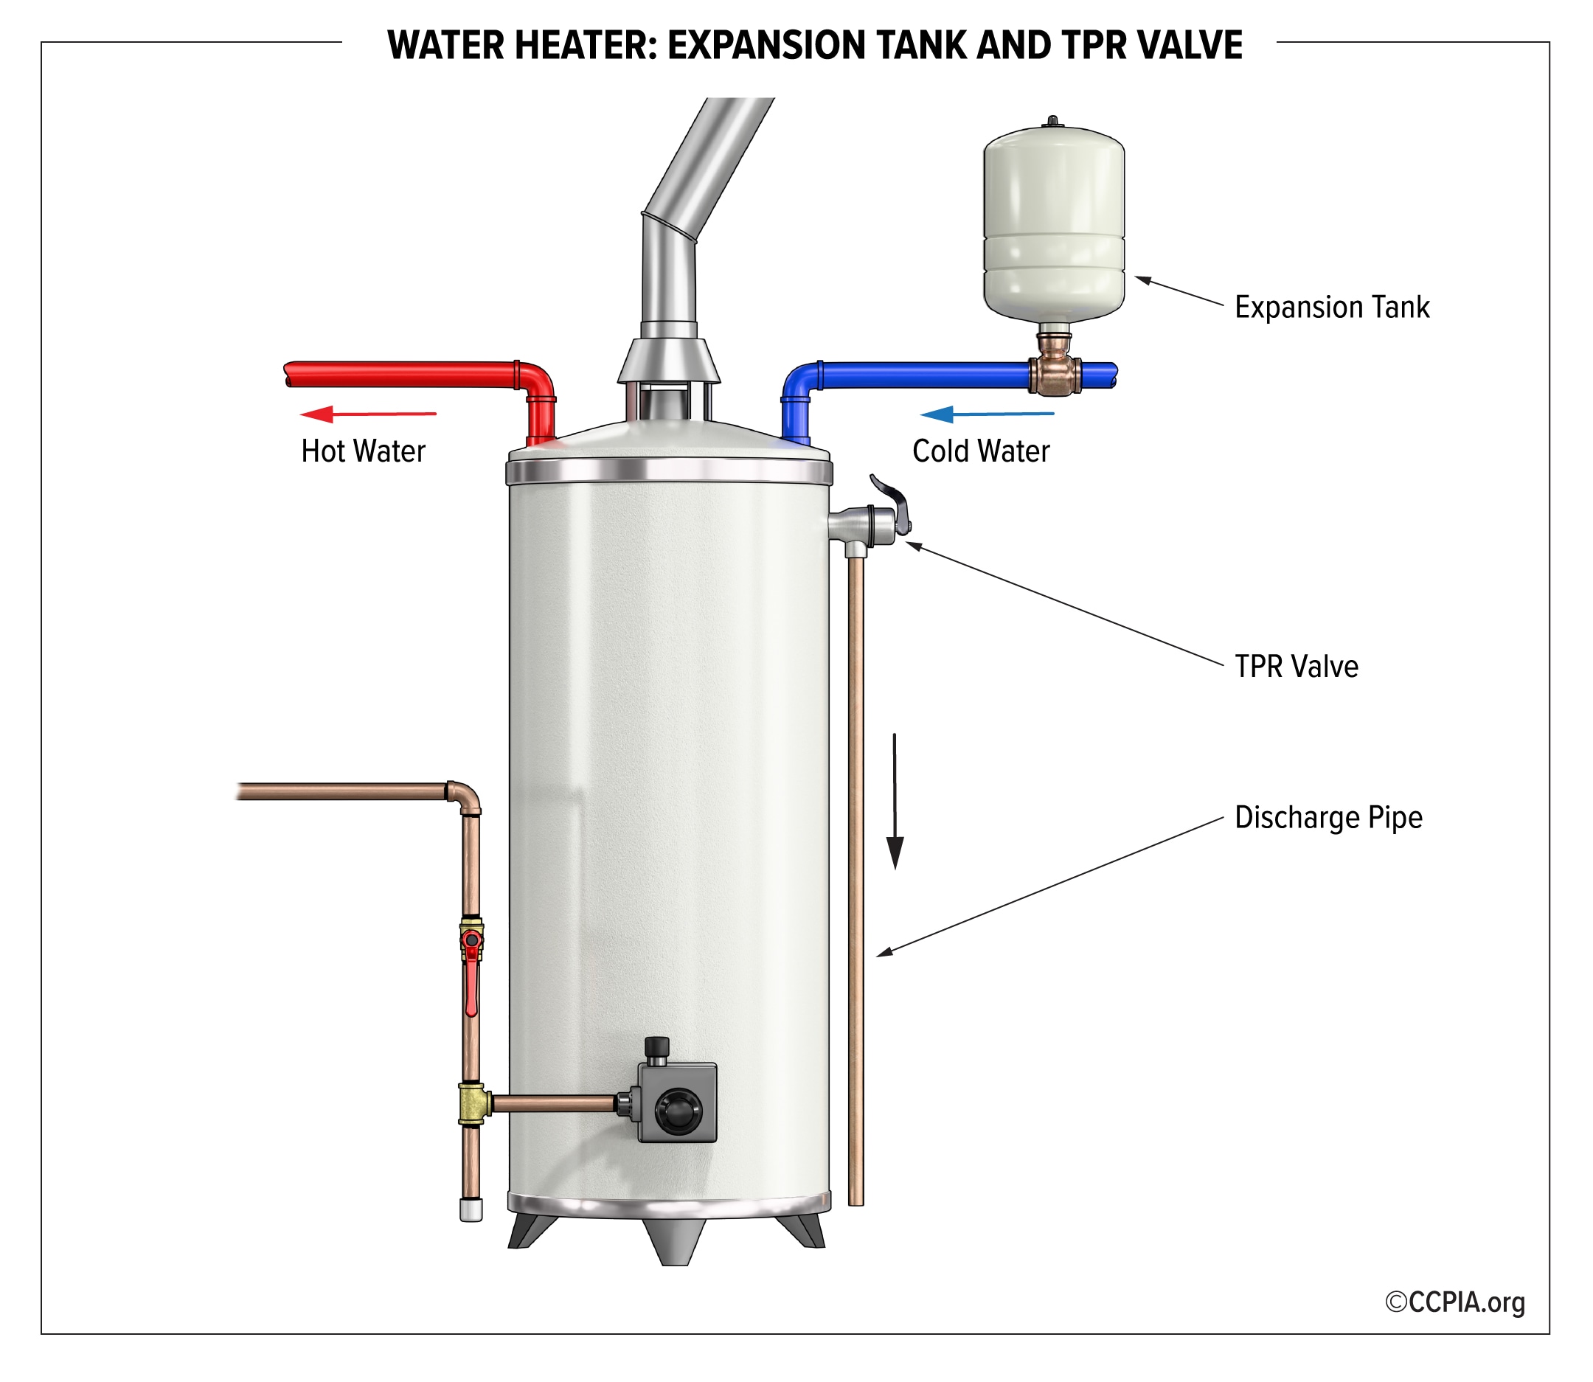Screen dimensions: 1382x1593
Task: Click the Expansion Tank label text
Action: tap(1332, 308)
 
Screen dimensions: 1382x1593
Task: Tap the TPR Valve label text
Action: tap(1296, 667)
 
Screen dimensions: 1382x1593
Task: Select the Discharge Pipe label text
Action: tap(1327, 818)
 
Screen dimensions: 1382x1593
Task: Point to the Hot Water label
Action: tap(363, 451)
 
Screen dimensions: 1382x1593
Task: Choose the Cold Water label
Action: tap(981, 451)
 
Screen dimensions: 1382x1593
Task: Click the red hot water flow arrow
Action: tap(368, 414)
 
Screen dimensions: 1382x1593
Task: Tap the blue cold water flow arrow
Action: tap(987, 414)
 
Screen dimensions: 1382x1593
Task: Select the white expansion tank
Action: tap(1053, 223)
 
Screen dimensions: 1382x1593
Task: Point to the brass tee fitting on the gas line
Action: tap(473, 1105)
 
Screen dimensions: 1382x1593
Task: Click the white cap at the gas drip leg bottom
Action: tap(471, 1209)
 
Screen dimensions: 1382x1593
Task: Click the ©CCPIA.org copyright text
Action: tap(1455, 1302)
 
